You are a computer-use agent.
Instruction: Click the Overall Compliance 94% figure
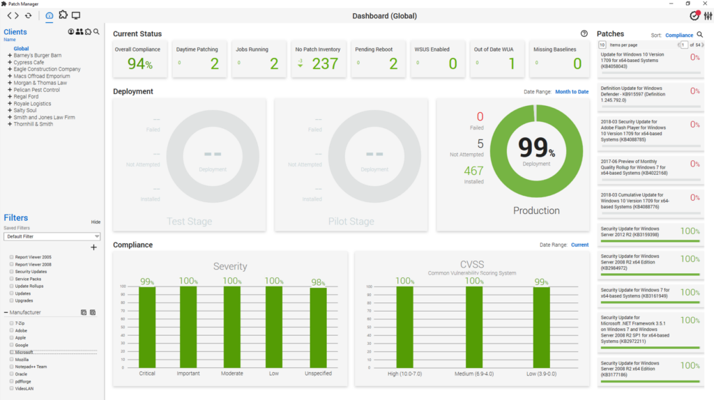[x=139, y=64]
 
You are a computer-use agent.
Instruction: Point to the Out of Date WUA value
[x=511, y=64]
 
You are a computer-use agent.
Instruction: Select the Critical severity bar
[x=147, y=326]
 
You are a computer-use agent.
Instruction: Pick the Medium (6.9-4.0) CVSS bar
[x=474, y=326]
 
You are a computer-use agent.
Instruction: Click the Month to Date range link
[x=571, y=92]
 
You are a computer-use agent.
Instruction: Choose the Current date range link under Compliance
[x=579, y=245]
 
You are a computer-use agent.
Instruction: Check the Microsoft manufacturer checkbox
[x=12, y=353]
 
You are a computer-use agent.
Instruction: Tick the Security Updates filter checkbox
[x=12, y=272]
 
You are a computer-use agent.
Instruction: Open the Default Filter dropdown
[x=52, y=236]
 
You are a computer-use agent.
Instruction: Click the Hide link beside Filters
[x=96, y=222]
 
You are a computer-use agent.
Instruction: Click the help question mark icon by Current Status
[x=584, y=33]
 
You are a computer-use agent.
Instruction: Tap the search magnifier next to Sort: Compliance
[x=699, y=34]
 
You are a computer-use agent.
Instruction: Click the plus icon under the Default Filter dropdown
[x=94, y=247]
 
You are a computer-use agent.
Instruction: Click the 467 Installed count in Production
[x=474, y=171]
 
